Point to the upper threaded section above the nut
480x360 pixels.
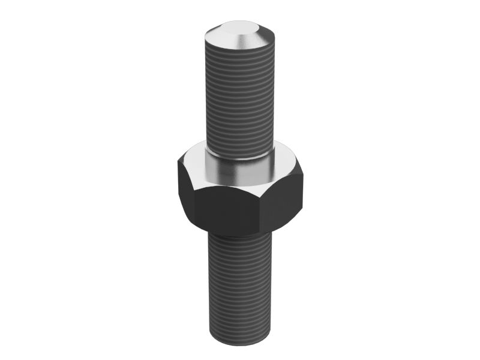[240, 96]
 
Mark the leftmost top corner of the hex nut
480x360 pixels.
[178, 161]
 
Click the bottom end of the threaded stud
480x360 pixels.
[240, 341]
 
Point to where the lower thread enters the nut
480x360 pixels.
[240, 236]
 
